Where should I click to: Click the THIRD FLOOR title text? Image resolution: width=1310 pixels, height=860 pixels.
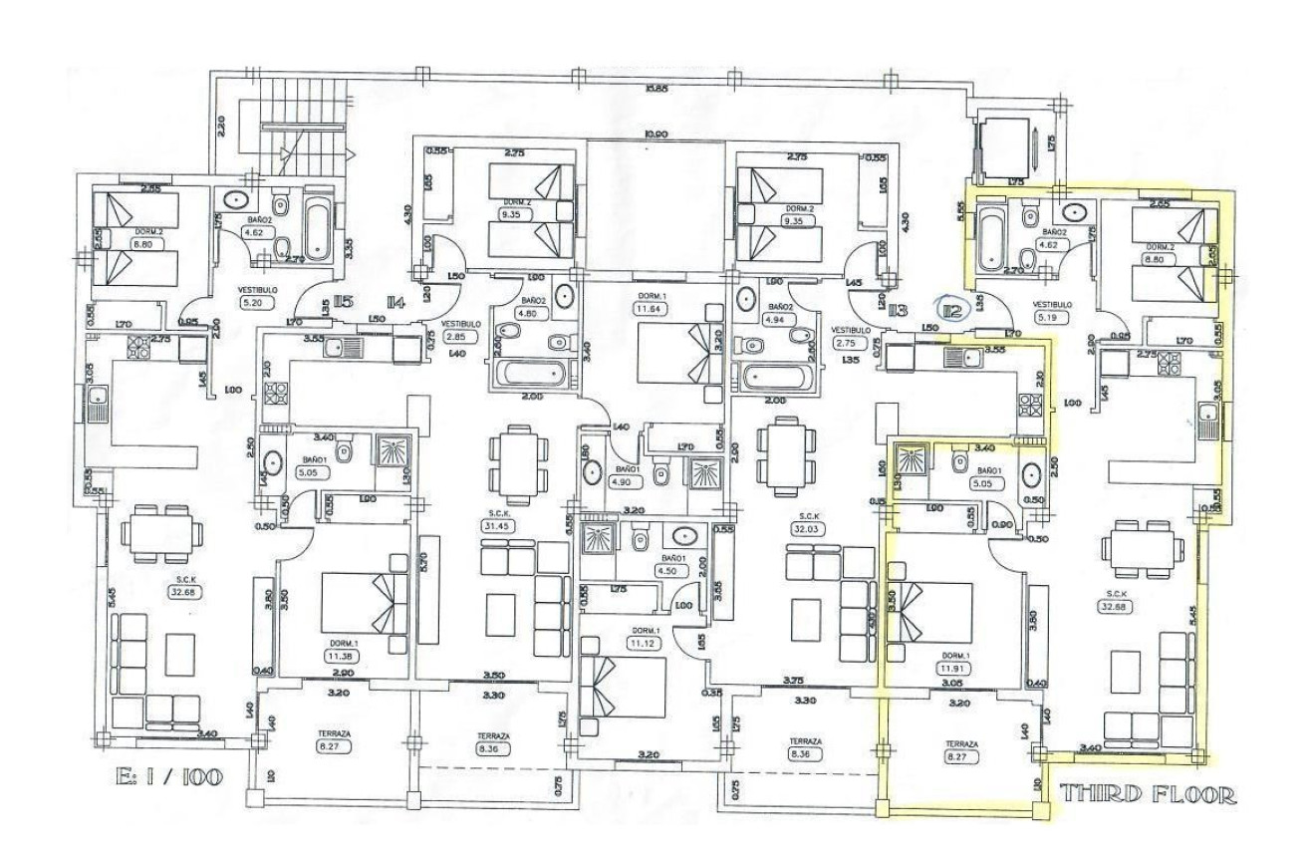coord(1150,794)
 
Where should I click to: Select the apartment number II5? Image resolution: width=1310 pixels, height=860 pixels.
coord(345,301)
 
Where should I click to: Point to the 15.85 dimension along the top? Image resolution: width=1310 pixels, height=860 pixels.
coord(655,90)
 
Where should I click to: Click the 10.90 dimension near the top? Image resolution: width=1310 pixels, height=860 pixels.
coord(655,133)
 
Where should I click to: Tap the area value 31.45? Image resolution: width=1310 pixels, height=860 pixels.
coord(495,526)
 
